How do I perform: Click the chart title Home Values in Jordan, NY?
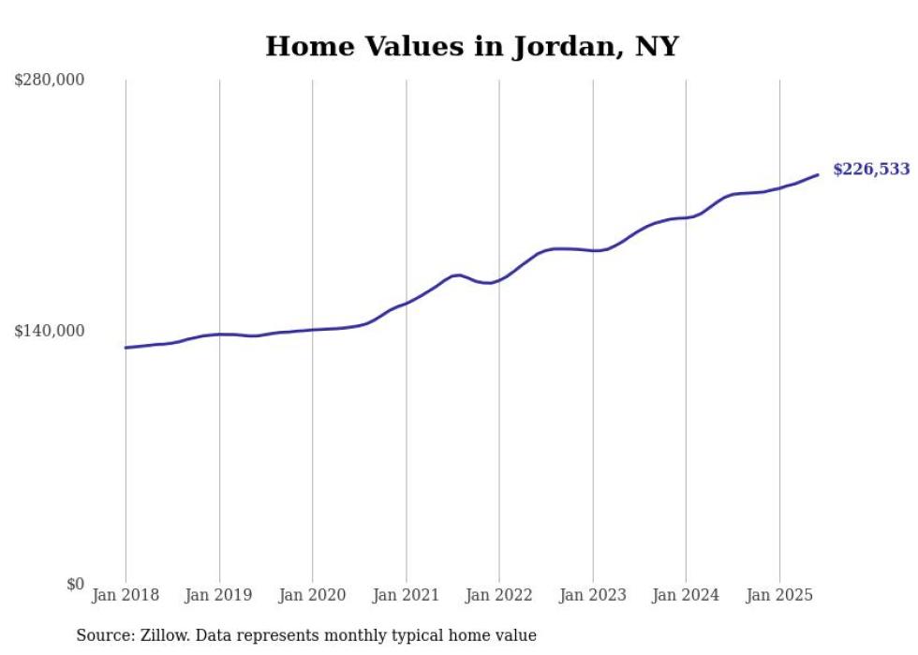pos(471,46)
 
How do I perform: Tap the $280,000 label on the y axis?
pos(50,81)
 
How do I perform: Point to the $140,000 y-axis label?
pos(50,331)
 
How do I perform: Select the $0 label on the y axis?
pos(75,584)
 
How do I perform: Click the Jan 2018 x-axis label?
pos(126,595)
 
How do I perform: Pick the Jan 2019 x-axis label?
pos(219,595)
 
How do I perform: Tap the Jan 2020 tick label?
pos(312,595)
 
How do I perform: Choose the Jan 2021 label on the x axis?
pos(406,595)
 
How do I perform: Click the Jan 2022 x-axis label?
pos(499,595)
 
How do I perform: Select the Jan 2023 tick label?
pos(592,595)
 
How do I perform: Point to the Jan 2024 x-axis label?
pos(686,595)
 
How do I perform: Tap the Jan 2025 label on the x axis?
pos(778,595)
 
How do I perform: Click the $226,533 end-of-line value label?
pos(871,170)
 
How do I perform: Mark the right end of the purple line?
pos(818,174)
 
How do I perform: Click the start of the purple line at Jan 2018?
pos(126,348)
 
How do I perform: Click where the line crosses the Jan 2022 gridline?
pos(499,280)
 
